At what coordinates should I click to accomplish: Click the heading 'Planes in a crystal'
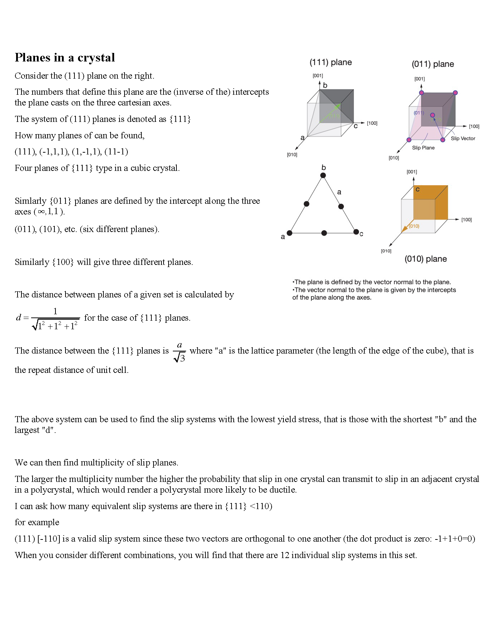point(65,58)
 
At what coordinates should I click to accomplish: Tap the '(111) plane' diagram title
point(330,63)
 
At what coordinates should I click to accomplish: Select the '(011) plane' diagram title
point(433,64)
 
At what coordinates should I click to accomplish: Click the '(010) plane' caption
point(426,259)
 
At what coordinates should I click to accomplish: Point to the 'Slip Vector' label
point(463,139)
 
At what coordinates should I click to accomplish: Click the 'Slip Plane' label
point(423,148)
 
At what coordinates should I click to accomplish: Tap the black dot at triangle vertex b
point(323,175)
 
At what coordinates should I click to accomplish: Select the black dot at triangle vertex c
point(356,232)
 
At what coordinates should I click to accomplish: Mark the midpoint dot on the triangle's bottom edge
point(324,233)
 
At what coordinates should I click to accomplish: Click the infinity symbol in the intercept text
point(42,212)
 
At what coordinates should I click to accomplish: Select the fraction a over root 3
point(179,352)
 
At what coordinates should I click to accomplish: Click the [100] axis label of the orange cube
point(466,220)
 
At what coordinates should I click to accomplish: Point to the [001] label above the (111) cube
point(318,76)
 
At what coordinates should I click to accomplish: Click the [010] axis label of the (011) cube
point(394,158)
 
